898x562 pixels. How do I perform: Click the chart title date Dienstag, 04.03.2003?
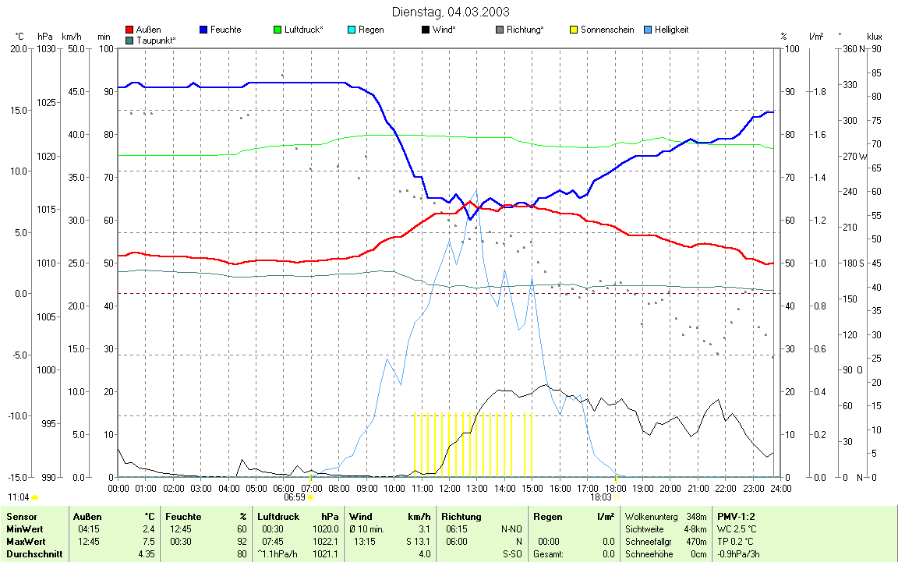tap(450, 12)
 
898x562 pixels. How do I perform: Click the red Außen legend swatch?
tap(129, 30)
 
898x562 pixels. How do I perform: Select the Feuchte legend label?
tap(225, 30)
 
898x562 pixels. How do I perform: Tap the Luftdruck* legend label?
tap(304, 30)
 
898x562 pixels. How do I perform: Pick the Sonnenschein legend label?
tap(607, 30)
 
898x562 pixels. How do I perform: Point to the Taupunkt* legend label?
tap(156, 40)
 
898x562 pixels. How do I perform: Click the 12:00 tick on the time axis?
tap(449, 488)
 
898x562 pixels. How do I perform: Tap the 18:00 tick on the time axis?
tap(615, 488)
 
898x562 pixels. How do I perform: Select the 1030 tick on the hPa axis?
tap(46, 49)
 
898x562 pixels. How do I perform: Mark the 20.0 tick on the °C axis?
tap(18, 49)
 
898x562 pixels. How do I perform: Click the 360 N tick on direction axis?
tap(850, 49)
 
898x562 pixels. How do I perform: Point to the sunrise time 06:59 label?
tap(294, 497)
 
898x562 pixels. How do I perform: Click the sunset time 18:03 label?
tap(600, 497)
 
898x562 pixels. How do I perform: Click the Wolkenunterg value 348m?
tap(695, 516)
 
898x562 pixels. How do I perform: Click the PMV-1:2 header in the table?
tap(737, 516)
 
